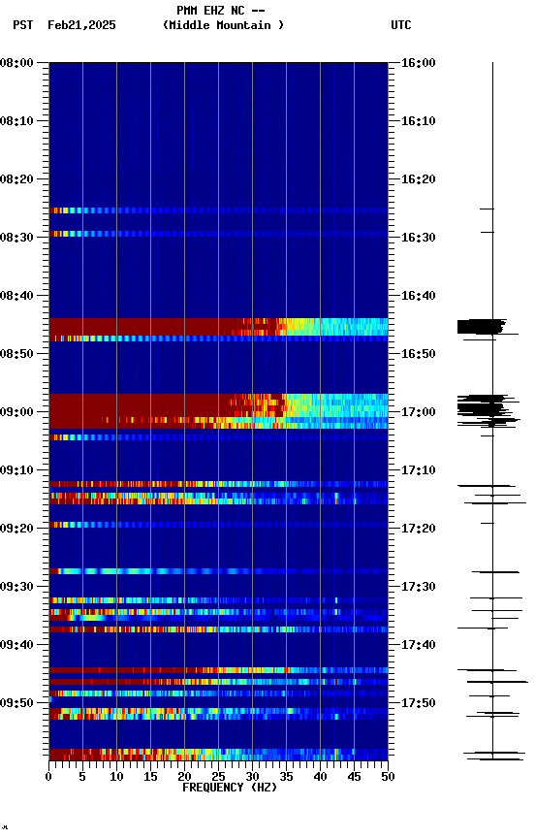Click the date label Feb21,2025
click(81, 25)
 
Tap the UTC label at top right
click(401, 25)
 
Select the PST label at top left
click(23, 25)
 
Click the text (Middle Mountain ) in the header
click(224, 25)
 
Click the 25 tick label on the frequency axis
click(218, 777)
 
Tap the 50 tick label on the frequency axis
click(387, 777)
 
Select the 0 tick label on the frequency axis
click(48, 777)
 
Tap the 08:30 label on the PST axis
click(19, 238)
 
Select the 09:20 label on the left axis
click(19, 529)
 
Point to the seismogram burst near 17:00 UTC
click(485, 407)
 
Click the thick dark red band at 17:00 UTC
click(136, 410)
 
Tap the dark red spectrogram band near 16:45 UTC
click(145, 326)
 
